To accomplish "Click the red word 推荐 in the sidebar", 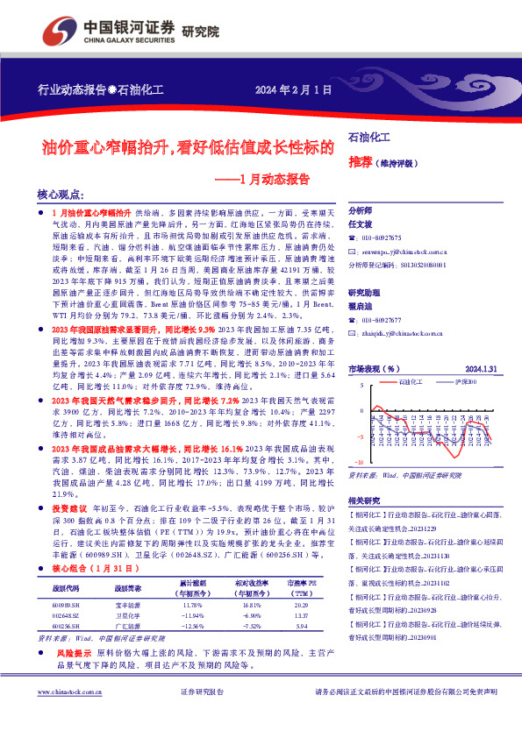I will coord(360,162).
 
